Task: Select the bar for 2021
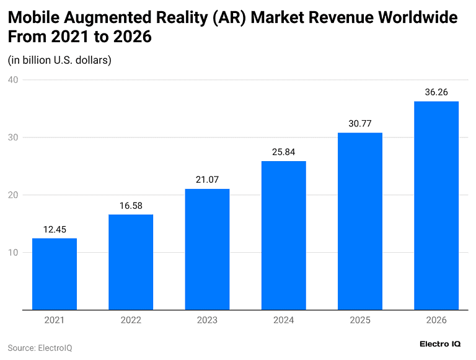tap(55, 274)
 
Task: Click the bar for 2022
tap(131, 262)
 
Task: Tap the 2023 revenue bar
tap(207, 249)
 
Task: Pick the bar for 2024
tap(283, 235)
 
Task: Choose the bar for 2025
tap(360, 221)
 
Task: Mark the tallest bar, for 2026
tap(436, 205)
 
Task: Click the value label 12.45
tap(55, 229)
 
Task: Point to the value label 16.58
tap(131, 206)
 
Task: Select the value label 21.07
tap(207, 180)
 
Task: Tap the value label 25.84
tap(283, 152)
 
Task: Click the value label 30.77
tap(360, 124)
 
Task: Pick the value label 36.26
tap(436, 92)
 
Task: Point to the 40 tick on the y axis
tap(13, 80)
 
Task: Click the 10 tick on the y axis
tap(13, 252)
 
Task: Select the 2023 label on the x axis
tap(207, 320)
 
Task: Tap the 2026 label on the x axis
tap(436, 320)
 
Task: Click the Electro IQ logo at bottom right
tap(440, 344)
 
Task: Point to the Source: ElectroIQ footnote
tap(40, 348)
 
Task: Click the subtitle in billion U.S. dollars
tap(59, 60)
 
